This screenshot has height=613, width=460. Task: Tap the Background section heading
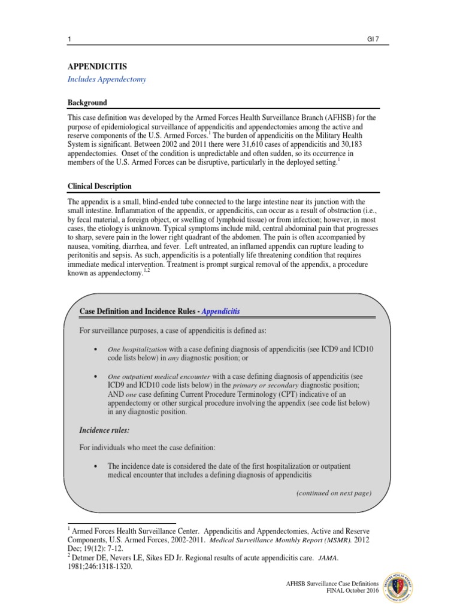pyautogui.click(x=87, y=103)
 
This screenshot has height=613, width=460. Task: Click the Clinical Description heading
pyautogui.click(x=99, y=186)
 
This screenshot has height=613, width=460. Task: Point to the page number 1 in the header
pyautogui.click(x=69, y=40)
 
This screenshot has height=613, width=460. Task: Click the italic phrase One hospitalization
pyautogui.click(x=137, y=350)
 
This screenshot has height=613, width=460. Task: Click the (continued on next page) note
pyautogui.click(x=334, y=493)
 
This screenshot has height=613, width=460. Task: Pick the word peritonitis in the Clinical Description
pyautogui.click(x=84, y=254)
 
